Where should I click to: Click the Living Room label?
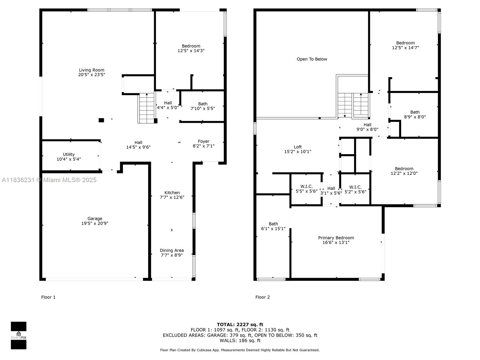91,70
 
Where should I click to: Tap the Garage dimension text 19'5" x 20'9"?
95,223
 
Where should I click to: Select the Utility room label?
69,154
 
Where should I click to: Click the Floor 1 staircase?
146,108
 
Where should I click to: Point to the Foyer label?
203,141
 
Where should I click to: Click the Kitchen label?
172,193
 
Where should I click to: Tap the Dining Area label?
172,250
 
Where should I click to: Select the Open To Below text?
312,59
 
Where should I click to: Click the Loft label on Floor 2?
298,147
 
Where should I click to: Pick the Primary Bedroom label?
336,238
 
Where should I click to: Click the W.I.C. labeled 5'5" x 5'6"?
306,189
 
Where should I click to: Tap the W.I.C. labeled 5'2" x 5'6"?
355,189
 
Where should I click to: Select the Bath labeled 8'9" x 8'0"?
415,115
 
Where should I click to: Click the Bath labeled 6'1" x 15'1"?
273,226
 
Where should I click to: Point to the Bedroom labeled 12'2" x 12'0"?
404,171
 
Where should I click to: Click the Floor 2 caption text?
262,297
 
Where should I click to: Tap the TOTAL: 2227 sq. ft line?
240,324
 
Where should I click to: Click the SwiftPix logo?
19,335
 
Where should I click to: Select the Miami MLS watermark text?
49,180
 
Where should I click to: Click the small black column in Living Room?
101,120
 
